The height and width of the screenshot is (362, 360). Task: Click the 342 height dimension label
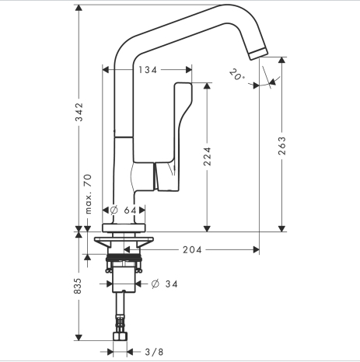(79, 112)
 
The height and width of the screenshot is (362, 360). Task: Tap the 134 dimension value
(148, 70)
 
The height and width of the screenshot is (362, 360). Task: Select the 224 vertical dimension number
(207, 156)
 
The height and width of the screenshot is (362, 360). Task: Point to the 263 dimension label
(282, 146)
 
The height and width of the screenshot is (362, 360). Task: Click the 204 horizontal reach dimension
(192, 250)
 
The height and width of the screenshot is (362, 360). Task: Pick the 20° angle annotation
(237, 75)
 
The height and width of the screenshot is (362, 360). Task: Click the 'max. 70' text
(89, 194)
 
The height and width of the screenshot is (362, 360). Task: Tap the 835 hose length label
(78, 286)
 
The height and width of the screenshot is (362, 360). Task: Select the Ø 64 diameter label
(123, 210)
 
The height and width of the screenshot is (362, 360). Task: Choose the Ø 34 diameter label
(165, 284)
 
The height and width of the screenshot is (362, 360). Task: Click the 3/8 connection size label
(154, 352)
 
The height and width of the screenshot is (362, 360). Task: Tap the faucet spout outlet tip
(258, 54)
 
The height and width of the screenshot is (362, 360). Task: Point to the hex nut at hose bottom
(120, 336)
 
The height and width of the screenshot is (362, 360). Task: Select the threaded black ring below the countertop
(124, 258)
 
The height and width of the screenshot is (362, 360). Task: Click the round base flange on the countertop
(124, 228)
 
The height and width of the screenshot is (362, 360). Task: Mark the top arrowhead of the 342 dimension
(79, 8)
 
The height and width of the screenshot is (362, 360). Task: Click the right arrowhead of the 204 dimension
(256, 250)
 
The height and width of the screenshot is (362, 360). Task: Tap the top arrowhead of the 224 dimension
(207, 85)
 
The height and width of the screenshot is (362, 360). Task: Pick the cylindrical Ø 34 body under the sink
(124, 280)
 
